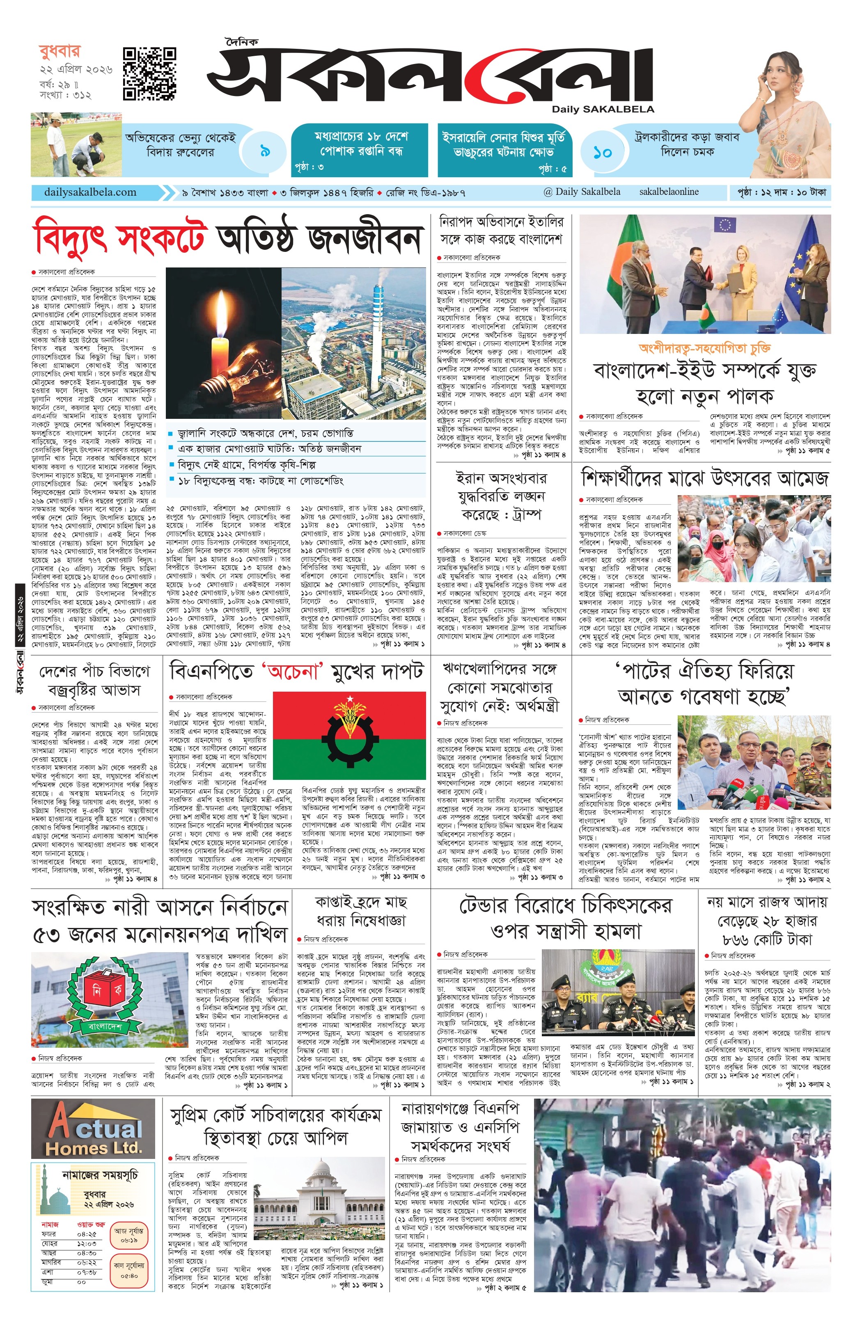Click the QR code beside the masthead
click(149, 74)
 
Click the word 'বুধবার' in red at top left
click(60, 51)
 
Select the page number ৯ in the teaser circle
click(265, 151)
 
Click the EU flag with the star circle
click(724, 224)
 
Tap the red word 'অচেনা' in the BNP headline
click(293, 672)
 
